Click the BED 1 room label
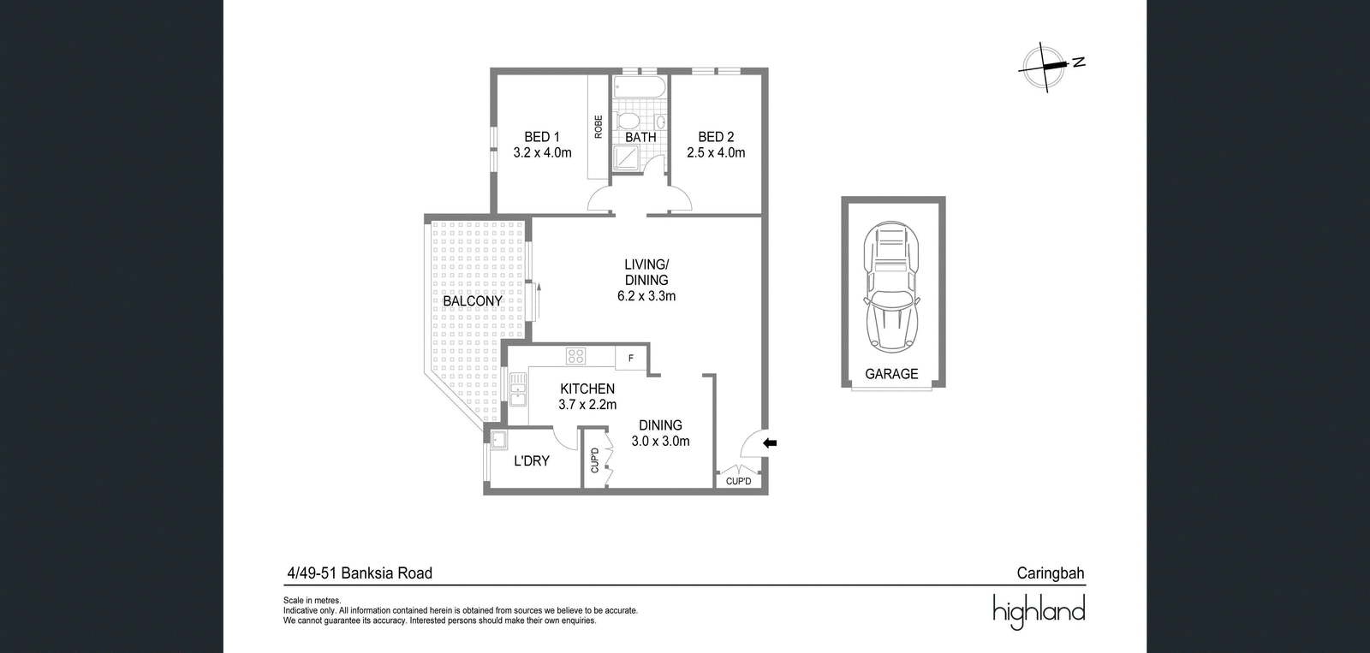pos(542,137)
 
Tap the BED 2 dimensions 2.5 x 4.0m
pos(716,153)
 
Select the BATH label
pos(640,138)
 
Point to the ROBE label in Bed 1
pos(599,127)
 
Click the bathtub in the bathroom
pos(640,86)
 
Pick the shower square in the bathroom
pos(626,157)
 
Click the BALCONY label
pos(472,301)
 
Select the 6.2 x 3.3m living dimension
pos(646,296)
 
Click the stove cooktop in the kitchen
pos(575,356)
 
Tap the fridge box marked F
pos(630,359)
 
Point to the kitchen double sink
pos(518,389)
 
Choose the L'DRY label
pos(532,461)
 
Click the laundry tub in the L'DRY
pos(499,440)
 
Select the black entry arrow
pos(770,443)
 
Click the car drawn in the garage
pos(891,287)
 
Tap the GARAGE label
pos(891,374)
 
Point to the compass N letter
pos(1078,62)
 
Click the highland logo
pos(1039,611)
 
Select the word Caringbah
pos(1050,573)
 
